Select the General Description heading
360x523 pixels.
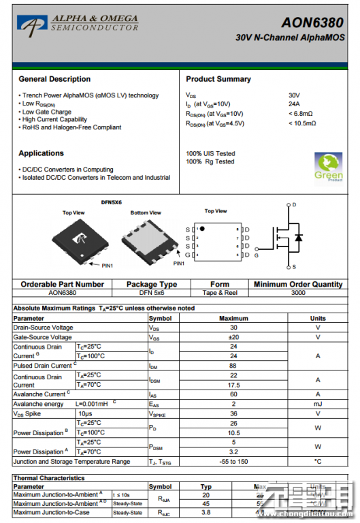pyautogui.click(x=54, y=79)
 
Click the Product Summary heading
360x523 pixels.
pyautogui.click(x=218, y=79)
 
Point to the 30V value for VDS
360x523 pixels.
pyautogui.click(x=294, y=95)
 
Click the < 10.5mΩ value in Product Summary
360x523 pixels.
pyautogui.click(x=302, y=123)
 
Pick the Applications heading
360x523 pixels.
pyautogui.click(x=42, y=153)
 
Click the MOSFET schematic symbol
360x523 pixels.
pyautogui.click(x=287, y=236)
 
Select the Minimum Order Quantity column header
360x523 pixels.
pyautogui.click(x=298, y=284)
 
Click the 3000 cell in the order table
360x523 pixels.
pyautogui.click(x=298, y=292)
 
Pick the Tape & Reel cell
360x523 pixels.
pyautogui.click(x=220, y=292)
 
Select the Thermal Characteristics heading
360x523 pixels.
pyautogui.click(x=49, y=478)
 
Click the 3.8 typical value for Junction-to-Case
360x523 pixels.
pyautogui.click(x=206, y=512)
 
